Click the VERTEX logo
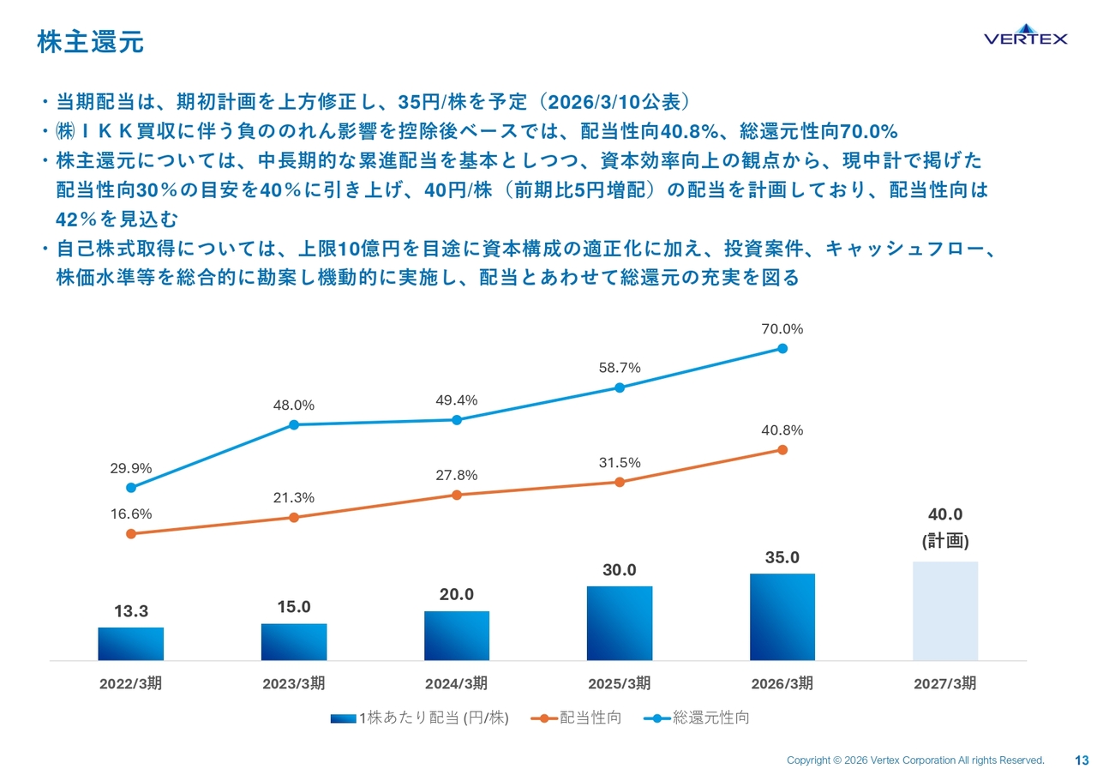pyautogui.click(x=1026, y=34)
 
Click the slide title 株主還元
pyautogui.click(x=91, y=42)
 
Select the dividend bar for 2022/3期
pyautogui.click(x=131, y=644)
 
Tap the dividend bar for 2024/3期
pyautogui.click(x=457, y=635)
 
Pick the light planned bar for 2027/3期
pyautogui.click(x=945, y=611)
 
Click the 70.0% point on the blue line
pyautogui.click(x=782, y=348)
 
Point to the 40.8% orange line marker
pyautogui.click(x=782, y=450)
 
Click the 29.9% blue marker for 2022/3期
pyautogui.click(x=131, y=488)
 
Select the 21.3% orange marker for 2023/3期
pyautogui.click(x=294, y=517)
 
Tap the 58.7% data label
pyautogui.click(x=620, y=368)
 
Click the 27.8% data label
pyautogui.click(x=457, y=475)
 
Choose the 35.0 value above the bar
pyautogui.click(x=782, y=557)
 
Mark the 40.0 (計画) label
pyautogui.click(x=945, y=527)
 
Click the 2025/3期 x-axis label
pyautogui.click(x=619, y=683)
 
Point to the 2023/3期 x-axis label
pyautogui.click(x=293, y=683)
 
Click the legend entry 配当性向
pyautogui.click(x=576, y=718)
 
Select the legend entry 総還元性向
pyautogui.click(x=697, y=718)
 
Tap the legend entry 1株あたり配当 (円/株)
pyautogui.click(x=420, y=718)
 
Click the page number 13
pyautogui.click(x=1082, y=760)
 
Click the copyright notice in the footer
pyautogui.click(x=915, y=760)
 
